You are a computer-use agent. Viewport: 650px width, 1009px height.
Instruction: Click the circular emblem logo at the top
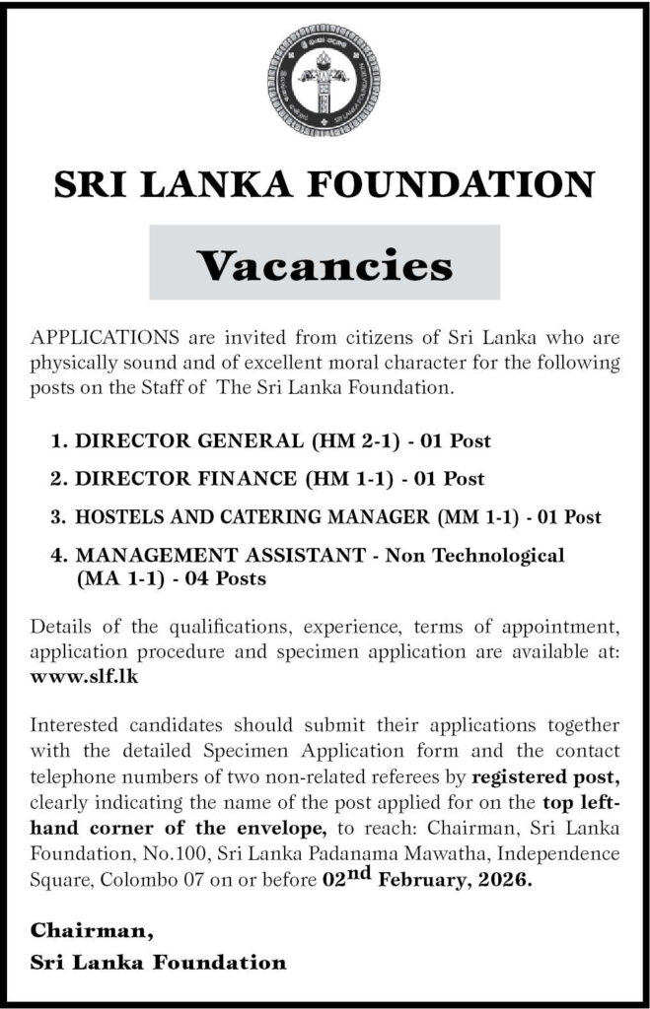[325, 81]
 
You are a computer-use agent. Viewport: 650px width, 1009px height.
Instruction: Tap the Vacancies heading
[325, 263]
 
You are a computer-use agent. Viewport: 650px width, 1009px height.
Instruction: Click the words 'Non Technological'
[475, 555]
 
